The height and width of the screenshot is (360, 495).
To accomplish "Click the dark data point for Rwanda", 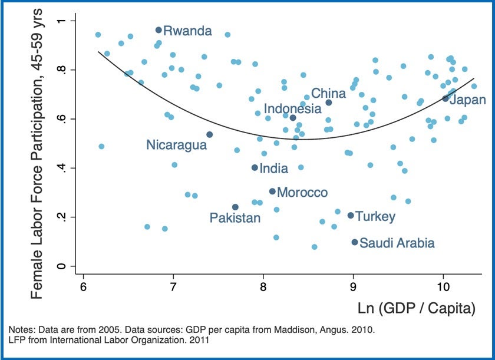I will [x=159, y=30].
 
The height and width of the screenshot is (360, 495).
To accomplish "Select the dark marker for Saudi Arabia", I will [x=355, y=242].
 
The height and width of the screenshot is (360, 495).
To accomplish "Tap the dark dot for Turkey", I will [x=351, y=216].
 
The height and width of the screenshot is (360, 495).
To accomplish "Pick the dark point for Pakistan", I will [x=235, y=207].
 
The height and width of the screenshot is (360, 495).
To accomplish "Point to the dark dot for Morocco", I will [x=272, y=191].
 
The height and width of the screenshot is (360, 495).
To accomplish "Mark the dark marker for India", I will [x=255, y=168].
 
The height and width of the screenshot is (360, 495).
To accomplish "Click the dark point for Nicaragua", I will [x=209, y=134].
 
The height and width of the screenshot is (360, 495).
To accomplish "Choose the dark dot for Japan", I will [x=445, y=98].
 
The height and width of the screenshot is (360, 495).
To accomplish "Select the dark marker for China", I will [x=329, y=103].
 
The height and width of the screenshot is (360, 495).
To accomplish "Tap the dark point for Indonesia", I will [x=293, y=118].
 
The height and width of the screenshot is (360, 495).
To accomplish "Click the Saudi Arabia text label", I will [x=397, y=243].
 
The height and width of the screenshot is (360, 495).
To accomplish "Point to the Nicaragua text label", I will [x=177, y=145].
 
